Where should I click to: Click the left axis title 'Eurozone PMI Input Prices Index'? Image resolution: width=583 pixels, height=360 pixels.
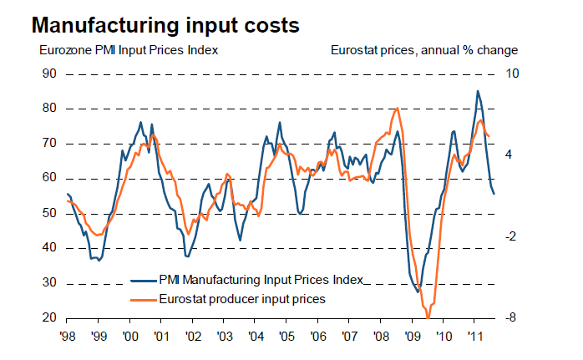point(129,50)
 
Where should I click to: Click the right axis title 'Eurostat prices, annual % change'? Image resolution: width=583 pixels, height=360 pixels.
point(423,50)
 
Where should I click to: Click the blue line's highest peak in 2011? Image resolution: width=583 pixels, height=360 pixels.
point(477,91)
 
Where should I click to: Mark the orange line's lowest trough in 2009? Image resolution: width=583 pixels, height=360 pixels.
point(428,317)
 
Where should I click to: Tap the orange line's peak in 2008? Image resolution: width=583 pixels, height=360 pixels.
point(397,109)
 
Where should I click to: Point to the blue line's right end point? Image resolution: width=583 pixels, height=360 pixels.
point(494,194)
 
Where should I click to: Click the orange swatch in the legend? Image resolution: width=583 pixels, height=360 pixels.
point(143,298)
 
